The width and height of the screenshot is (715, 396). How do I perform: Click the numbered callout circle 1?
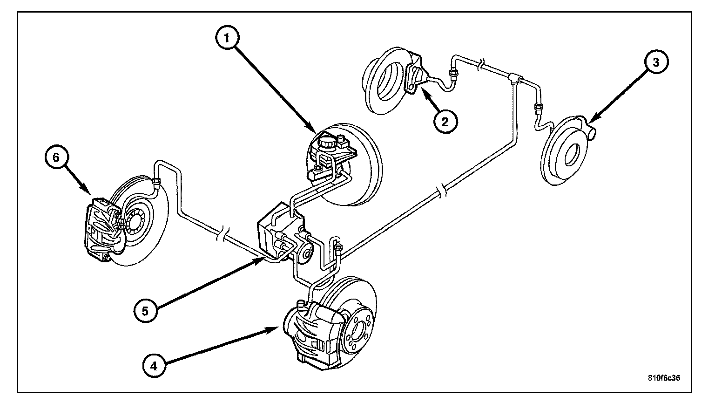coord(227,38)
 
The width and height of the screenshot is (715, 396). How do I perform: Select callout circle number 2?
coord(445,121)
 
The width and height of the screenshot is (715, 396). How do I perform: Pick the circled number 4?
coord(154,366)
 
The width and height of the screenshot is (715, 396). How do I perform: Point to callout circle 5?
coord(146,311)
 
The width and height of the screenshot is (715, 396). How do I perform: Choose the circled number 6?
coord(56,157)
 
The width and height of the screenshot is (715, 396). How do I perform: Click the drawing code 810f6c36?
coord(664,378)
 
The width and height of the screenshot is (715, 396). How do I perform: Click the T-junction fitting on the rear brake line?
coord(515,79)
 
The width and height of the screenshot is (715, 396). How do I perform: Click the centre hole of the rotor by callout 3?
coord(571,155)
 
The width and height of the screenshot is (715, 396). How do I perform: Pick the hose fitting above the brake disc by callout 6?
coord(156,182)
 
